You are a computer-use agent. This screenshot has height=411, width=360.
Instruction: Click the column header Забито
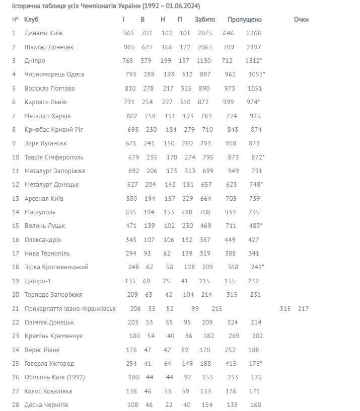click(204, 20)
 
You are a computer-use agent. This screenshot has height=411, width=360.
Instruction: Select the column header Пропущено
click(244, 20)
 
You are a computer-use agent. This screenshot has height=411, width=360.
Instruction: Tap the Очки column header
click(301, 20)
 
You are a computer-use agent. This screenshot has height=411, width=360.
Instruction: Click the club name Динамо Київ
click(43, 33)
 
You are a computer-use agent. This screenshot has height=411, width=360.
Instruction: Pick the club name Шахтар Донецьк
click(49, 47)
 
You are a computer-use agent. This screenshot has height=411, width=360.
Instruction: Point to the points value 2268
click(254, 33)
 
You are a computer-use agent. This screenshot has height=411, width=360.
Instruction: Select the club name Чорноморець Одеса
click(54, 74)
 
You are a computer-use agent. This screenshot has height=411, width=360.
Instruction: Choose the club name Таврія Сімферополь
click(54, 157)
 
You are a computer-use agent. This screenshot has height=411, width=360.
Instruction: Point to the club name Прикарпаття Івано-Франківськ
click(70, 309)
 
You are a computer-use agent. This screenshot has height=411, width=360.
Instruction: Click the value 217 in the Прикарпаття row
click(303, 309)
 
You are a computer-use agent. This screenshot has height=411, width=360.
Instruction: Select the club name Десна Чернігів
click(46, 405)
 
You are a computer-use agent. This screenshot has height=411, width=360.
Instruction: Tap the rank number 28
click(15, 405)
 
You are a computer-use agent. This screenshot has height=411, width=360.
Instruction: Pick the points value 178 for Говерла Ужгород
click(254, 364)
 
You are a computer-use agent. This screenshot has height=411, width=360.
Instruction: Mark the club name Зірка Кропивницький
click(56, 267)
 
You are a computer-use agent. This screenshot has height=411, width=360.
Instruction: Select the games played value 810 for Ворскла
click(129, 89)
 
